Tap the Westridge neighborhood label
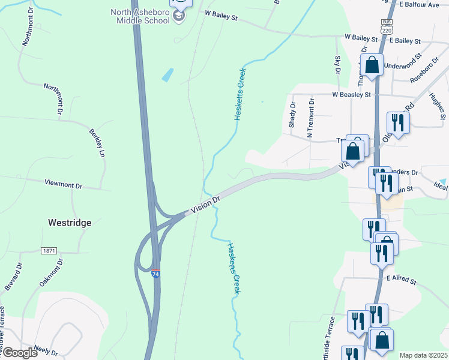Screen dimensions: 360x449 click(x=70, y=223)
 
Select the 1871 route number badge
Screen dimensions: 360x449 click(x=49, y=250)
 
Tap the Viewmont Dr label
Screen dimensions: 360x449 click(x=63, y=183)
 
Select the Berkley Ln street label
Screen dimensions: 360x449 click(x=97, y=143)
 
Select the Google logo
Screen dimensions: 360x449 click(x=19, y=352)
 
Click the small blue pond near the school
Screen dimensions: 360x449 click(x=167, y=75)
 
